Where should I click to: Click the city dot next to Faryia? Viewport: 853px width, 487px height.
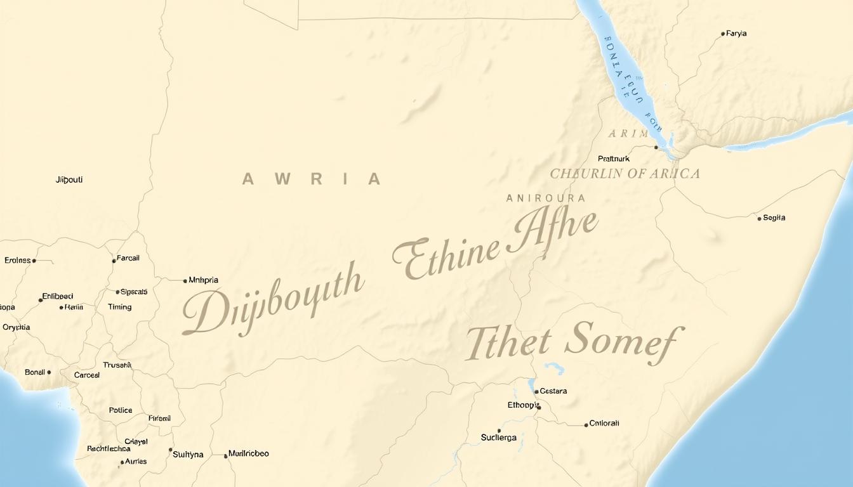(x=723, y=34)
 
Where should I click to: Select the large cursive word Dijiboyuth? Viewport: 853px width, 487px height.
(x=273, y=303)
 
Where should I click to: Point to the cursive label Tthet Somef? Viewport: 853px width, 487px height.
(x=574, y=343)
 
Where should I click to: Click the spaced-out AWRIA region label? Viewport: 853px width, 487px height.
(x=311, y=179)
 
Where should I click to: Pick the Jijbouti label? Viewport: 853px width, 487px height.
(x=69, y=179)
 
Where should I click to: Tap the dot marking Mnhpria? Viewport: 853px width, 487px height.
(x=185, y=280)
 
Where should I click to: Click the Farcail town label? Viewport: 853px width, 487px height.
(x=128, y=258)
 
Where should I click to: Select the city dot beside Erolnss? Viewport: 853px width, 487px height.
(x=34, y=261)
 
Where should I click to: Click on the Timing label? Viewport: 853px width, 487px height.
(x=119, y=307)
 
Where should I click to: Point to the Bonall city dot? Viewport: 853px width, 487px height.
(x=49, y=372)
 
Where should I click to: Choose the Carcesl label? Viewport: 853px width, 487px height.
(x=87, y=375)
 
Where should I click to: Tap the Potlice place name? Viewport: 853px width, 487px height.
(x=121, y=410)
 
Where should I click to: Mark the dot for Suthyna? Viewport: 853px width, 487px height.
(x=171, y=450)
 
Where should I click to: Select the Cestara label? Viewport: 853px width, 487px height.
(x=553, y=391)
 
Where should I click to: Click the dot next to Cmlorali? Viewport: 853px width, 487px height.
(x=586, y=425)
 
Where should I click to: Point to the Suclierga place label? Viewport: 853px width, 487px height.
(x=499, y=438)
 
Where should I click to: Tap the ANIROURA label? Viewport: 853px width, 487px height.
(x=546, y=198)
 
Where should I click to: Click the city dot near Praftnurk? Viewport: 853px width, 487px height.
(x=656, y=147)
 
